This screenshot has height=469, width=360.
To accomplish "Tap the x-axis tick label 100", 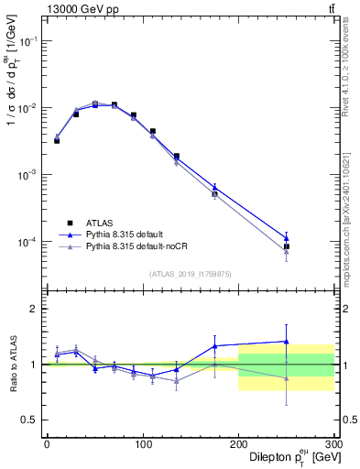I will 142,444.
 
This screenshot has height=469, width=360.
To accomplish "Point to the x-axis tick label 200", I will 238,444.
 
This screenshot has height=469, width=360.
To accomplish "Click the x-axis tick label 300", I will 333,444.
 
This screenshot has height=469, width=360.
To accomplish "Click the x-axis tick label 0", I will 47,444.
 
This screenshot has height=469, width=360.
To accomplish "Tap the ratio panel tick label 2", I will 35,309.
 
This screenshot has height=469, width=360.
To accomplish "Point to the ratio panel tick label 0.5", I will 30,420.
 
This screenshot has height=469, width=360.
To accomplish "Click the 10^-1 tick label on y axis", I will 28,41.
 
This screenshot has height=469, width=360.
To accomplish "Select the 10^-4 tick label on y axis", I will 28,242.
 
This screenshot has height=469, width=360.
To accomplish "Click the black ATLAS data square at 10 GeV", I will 57,141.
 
